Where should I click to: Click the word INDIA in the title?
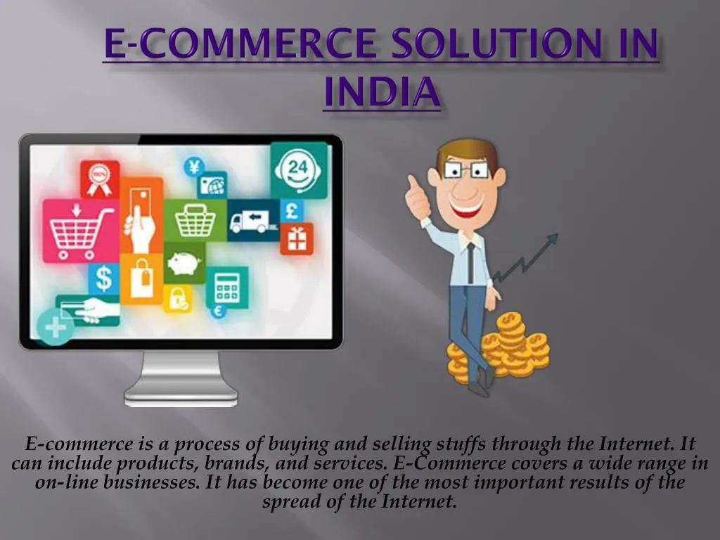(x=382, y=93)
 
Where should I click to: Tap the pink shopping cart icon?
(x=80, y=230)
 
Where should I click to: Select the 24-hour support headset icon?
(x=300, y=169)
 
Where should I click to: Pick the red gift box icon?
(x=297, y=238)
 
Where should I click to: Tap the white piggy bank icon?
(x=185, y=263)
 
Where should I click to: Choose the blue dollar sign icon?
(x=103, y=278)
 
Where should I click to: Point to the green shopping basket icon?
(x=195, y=220)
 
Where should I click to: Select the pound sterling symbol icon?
(x=292, y=210)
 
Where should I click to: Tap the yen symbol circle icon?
(x=193, y=167)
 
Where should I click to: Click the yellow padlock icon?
(x=177, y=298)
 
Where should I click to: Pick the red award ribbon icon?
(x=99, y=179)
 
